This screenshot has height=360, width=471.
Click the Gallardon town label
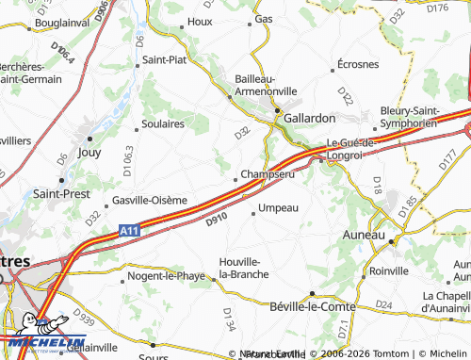click(309, 119)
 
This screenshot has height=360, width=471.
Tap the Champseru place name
click(268, 174)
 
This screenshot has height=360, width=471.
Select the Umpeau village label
click(278, 207)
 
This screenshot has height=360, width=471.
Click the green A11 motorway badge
click(130, 229)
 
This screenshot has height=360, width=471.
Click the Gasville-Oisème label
click(149, 200)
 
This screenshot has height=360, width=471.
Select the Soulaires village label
click(161, 123)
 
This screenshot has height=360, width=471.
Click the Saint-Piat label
click(166, 60)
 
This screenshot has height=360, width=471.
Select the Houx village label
click(200, 20)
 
